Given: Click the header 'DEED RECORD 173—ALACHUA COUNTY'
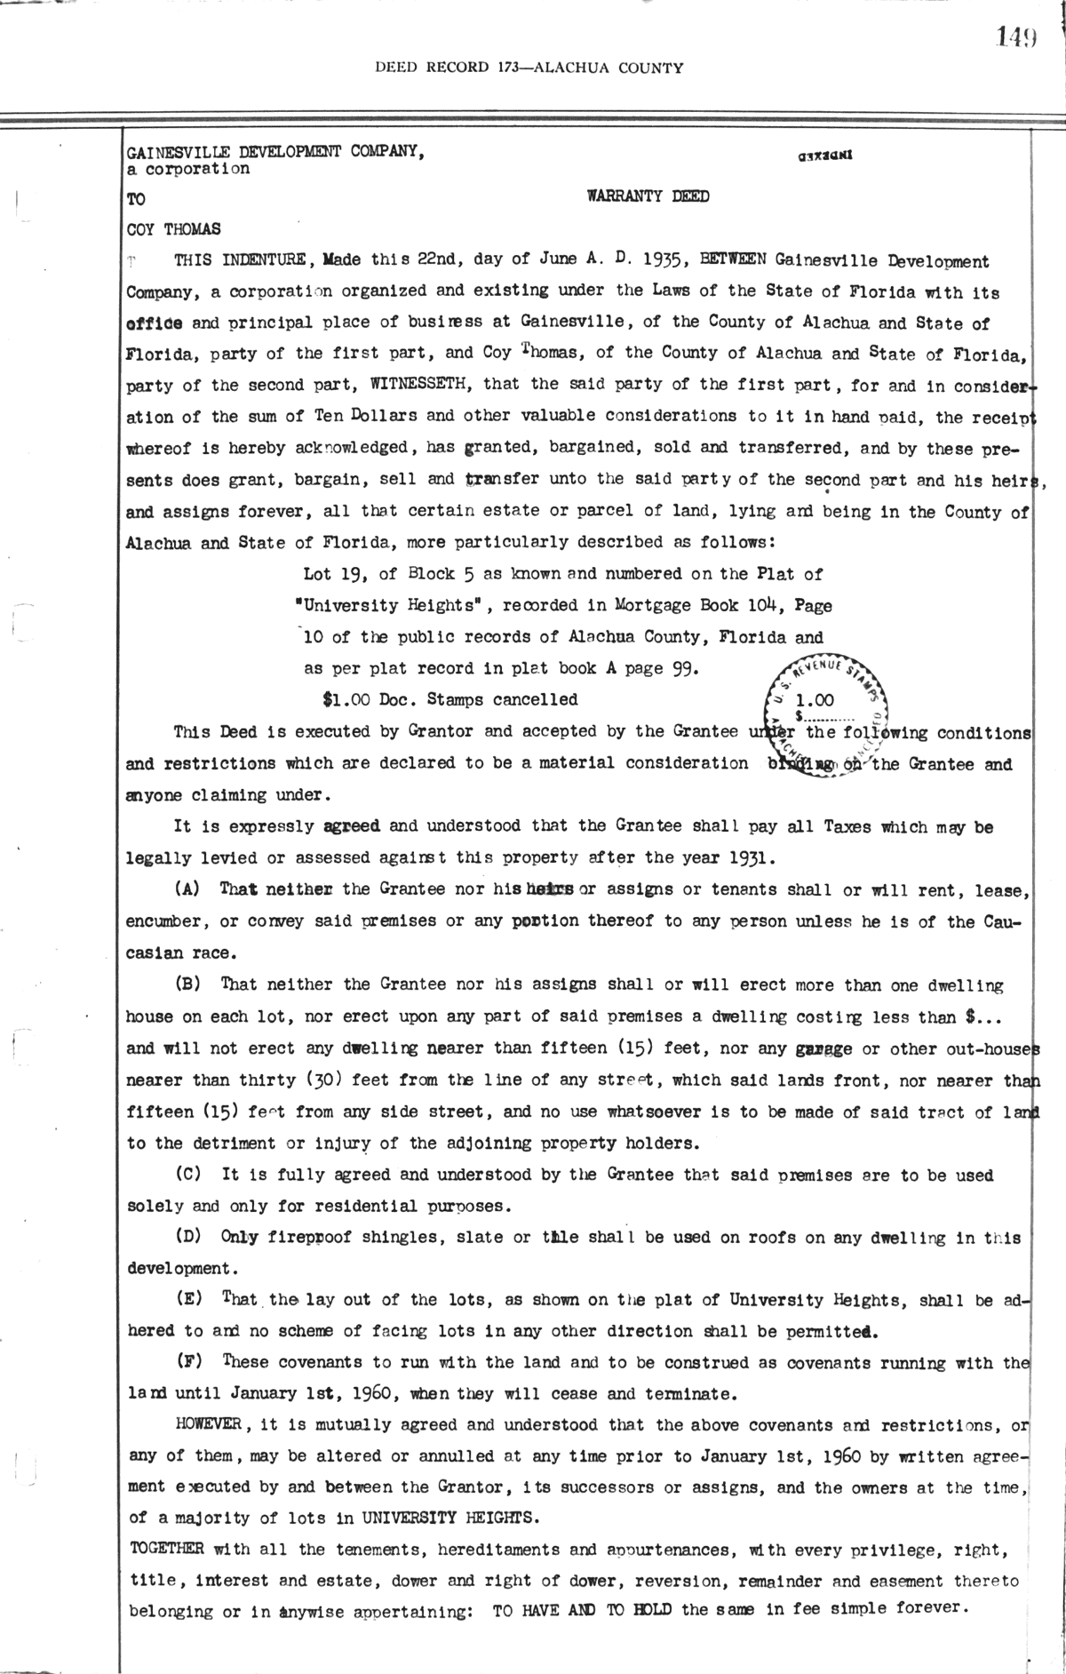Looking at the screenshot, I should pos(529,68).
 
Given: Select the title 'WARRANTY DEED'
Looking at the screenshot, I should pos(648,196).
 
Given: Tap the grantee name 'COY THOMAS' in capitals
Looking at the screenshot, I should pos(174,229).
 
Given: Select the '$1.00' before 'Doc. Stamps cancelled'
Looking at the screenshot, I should pos(346,699).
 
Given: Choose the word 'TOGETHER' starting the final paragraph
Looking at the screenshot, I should pos(166,1549).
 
